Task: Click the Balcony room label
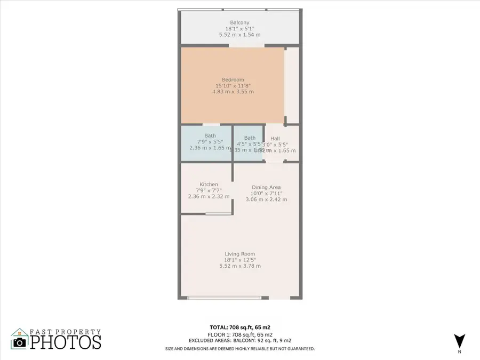tap(239, 22)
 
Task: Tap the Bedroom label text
tap(233, 80)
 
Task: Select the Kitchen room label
tap(209, 185)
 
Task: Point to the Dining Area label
tap(266, 187)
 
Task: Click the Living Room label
tap(239, 254)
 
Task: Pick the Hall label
tap(275, 139)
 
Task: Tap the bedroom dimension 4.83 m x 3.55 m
tap(233, 92)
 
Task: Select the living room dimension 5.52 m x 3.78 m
tap(239, 266)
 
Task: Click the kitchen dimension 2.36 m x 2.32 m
tap(209, 196)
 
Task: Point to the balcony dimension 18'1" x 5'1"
tap(239, 28)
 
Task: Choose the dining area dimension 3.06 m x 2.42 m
tap(266, 199)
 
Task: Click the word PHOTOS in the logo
tap(65, 341)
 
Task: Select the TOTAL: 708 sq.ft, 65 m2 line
tap(239, 327)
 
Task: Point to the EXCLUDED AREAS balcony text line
tap(239, 340)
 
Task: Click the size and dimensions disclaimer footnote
tap(239, 349)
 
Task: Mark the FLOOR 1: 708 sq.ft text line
tap(239, 334)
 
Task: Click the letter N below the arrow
tap(459, 352)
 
